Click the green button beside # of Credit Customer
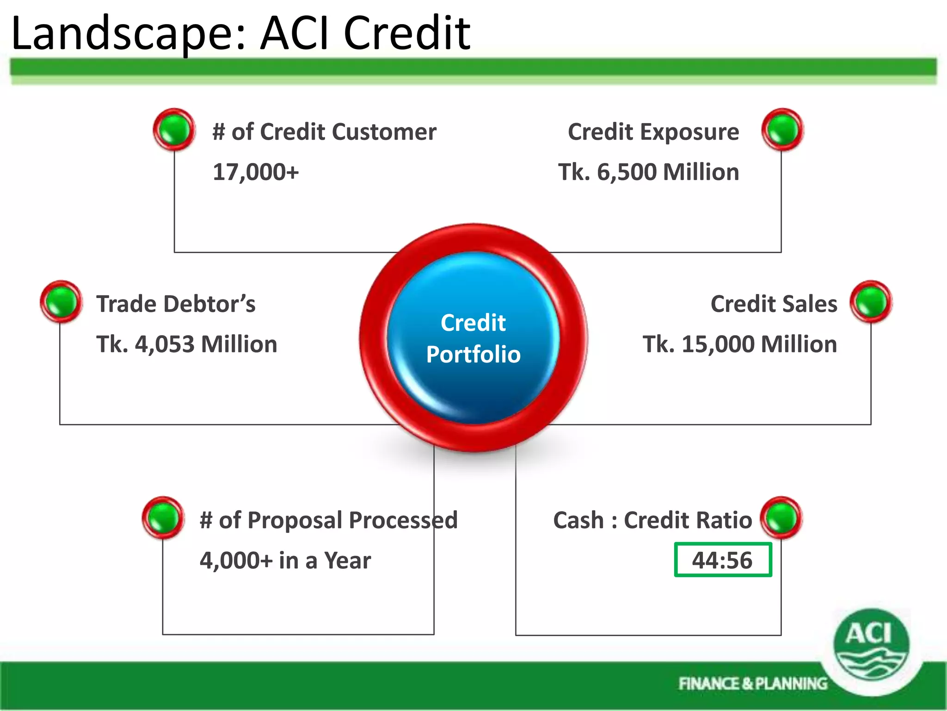[174, 130]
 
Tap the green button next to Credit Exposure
[782, 130]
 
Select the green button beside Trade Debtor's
[61, 302]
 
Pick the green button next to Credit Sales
[871, 302]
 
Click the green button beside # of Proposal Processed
[163, 518]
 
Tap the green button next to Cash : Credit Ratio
[781, 518]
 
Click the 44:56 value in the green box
[722, 560]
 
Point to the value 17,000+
[256, 172]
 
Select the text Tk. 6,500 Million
[648, 172]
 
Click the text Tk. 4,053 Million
[186, 344]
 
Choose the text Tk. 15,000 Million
[739, 344]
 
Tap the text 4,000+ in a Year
[285, 561]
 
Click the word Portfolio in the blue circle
[473, 355]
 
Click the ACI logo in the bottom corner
[871, 645]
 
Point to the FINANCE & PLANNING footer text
[752, 684]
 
